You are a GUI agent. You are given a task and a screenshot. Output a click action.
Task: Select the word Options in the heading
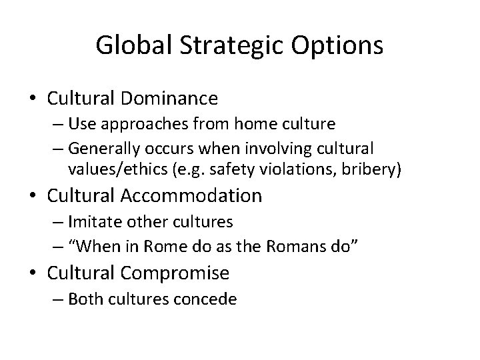(338, 45)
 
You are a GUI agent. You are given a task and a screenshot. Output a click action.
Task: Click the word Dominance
(169, 99)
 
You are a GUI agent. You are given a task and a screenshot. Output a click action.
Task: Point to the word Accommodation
(192, 195)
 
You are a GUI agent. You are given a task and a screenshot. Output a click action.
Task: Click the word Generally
(104, 147)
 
